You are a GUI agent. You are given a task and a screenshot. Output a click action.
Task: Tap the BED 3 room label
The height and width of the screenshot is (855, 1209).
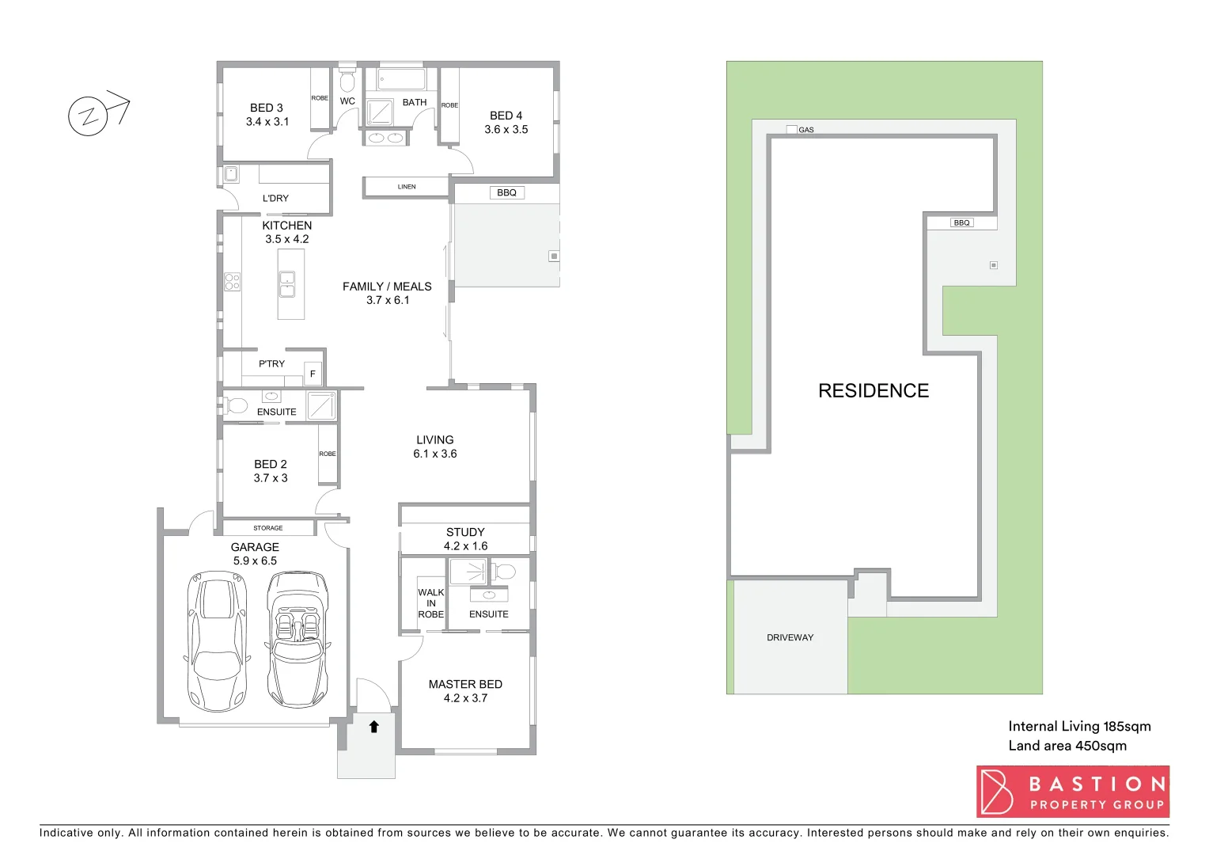(267, 108)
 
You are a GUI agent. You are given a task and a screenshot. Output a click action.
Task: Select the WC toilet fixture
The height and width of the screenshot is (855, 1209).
(347, 81)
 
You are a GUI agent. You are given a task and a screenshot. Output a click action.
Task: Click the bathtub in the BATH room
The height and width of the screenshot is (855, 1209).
(402, 79)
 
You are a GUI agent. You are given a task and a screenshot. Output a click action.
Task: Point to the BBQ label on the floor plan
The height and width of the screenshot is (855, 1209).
(506, 192)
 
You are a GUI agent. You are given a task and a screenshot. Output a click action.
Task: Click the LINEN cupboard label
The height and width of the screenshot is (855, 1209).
(407, 187)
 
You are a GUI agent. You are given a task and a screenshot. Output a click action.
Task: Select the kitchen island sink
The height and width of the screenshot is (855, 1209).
(287, 283)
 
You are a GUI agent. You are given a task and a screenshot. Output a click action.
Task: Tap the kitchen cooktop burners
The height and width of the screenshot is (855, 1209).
(232, 281)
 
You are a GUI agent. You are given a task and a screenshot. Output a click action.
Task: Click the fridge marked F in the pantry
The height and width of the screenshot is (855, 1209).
(313, 374)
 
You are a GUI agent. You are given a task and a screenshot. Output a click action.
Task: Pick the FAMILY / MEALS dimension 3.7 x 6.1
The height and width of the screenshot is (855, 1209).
(388, 300)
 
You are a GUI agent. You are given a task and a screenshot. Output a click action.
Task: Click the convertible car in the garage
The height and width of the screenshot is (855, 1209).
(298, 639)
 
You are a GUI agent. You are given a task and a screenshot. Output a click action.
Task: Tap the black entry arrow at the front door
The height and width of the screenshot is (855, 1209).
(374, 726)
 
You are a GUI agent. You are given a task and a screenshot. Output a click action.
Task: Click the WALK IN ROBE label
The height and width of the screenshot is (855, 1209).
(430, 603)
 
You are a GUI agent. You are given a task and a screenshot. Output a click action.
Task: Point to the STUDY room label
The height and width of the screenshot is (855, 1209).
(465, 532)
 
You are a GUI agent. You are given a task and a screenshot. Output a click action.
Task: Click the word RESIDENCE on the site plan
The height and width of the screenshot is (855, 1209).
(874, 390)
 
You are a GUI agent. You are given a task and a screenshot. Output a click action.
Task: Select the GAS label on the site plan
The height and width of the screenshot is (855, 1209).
(805, 130)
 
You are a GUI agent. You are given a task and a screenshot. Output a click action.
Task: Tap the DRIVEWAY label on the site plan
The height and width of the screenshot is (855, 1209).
(790, 637)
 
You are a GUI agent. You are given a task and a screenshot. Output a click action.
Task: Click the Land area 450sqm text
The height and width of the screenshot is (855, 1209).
(1067, 746)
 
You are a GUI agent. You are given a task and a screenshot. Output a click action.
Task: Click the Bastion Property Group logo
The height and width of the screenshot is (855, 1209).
(1072, 792)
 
